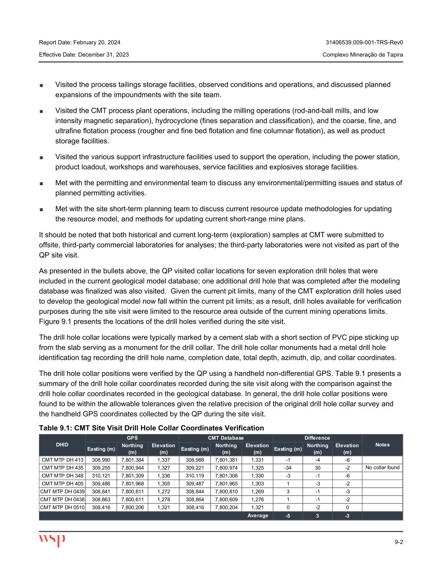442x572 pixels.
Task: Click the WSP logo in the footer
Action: click(52, 540)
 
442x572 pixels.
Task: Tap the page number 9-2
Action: click(398, 542)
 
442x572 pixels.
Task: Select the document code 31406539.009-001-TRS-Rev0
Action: click(364, 43)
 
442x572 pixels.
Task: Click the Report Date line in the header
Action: click(80, 43)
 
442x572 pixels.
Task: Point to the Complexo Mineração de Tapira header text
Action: click(363, 54)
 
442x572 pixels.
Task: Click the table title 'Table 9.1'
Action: click(151, 428)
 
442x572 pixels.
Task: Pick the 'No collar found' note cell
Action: click(382, 468)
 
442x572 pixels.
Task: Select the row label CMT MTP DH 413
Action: click(62, 460)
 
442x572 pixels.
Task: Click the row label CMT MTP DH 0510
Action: click(62, 507)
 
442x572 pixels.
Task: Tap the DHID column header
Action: click(62, 445)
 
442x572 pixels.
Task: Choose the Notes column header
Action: click(382, 445)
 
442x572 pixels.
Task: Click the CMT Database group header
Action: click(226, 438)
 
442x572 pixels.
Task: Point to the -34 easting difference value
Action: click(287, 468)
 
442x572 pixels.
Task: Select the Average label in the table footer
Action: click(258, 515)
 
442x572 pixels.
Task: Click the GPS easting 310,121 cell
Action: click(101, 476)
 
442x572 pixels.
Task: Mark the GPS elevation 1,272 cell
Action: click(163, 492)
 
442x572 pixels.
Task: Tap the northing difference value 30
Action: click(317, 468)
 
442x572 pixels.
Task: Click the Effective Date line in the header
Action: click(84, 54)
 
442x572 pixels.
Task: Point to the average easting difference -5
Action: click(287, 515)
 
